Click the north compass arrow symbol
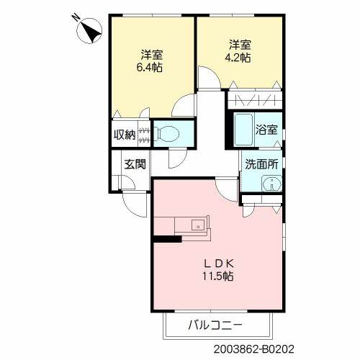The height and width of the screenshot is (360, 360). (x=91, y=32)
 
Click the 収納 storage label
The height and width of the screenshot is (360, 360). (x=124, y=135)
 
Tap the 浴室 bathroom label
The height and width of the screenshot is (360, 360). (x=267, y=130)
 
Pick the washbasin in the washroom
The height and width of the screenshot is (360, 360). (x=271, y=184)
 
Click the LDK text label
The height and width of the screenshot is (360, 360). (x=219, y=263)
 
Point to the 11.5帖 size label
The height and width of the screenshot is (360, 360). (x=219, y=276)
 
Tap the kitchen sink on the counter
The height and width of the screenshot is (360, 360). (x=196, y=226)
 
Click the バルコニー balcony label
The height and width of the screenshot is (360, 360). (x=217, y=324)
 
